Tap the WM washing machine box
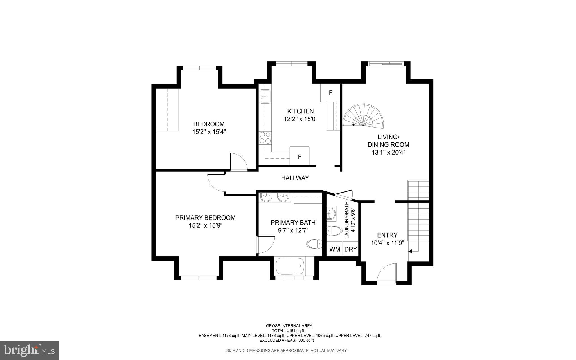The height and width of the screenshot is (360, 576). tap(334, 249)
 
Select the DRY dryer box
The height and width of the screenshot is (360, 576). tap(350, 249)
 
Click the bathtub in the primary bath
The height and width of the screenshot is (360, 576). tap(290, 266)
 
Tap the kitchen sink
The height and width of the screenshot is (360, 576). tap(265, 97)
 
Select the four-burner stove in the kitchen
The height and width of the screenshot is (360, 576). tap(265, 138)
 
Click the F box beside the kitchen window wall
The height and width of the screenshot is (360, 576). tap(330, 93)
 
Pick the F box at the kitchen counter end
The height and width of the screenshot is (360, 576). tap(300, 156)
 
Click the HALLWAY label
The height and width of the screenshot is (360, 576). tap(295, 178)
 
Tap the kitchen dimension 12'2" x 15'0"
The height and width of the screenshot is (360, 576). tap(300, 119)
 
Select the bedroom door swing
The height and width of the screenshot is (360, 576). tap(238, 162)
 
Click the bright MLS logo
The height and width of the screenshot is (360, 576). tap(29, 350)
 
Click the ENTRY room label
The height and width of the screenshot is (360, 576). tap(387, 235)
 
